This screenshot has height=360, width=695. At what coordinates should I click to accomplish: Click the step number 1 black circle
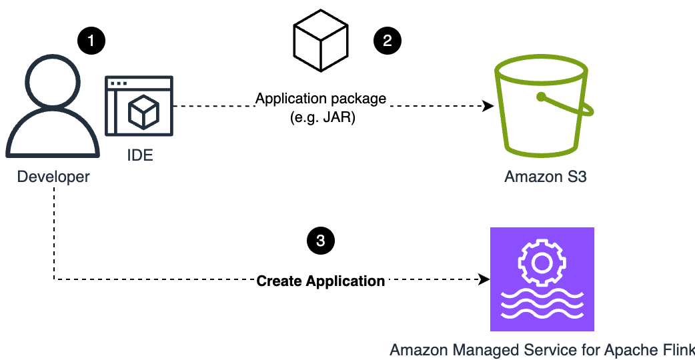tap(91, 41)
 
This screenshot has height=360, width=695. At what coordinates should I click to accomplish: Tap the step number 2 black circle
tap(387, 41)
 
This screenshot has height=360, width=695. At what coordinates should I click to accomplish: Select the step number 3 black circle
tap(320, 241)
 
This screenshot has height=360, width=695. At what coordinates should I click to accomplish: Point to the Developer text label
tap(53, 177)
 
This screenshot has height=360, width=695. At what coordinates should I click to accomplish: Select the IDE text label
tap(139, 155)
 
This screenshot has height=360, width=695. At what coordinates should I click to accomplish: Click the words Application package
tap(321, 99)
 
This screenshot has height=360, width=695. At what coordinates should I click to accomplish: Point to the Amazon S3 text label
tap(546, 177)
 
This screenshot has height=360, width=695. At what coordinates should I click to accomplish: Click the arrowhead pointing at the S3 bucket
tap(488, 106)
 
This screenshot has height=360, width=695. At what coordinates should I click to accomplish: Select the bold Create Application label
tap(321, 281)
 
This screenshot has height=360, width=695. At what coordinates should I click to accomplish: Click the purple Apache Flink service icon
tap(542, 279)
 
